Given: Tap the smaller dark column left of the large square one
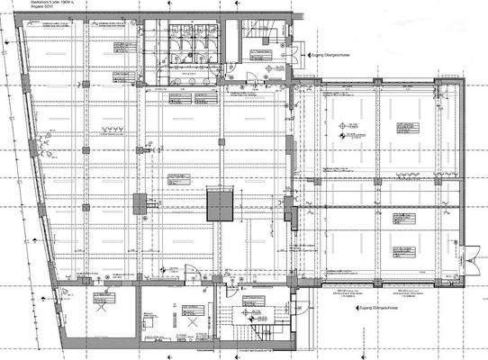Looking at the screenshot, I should click(139, 204).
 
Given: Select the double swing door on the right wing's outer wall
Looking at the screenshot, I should click(466, 256).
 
